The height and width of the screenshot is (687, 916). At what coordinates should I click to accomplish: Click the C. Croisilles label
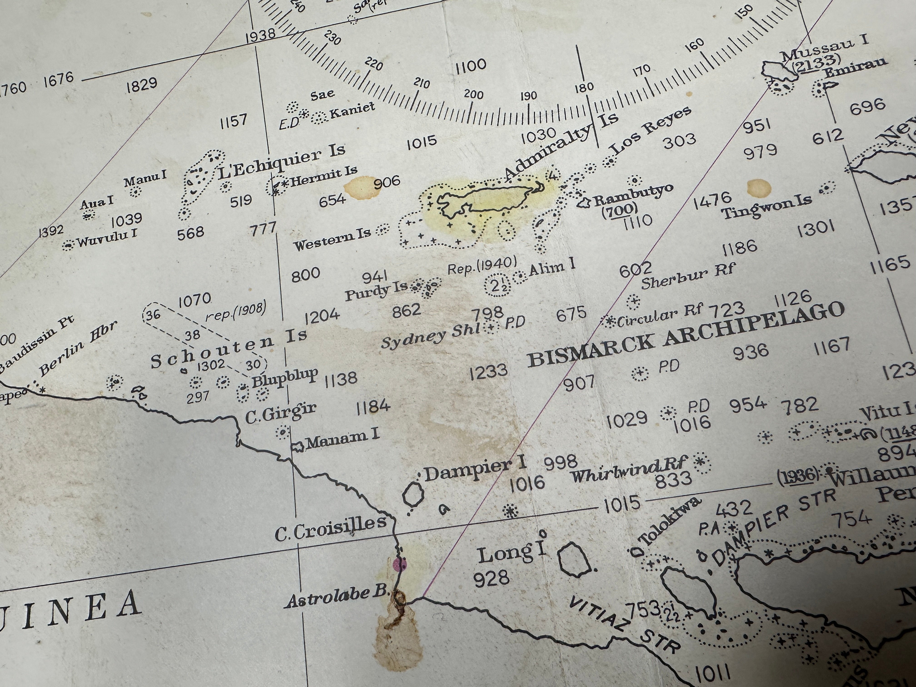click(x=331, y=530)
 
